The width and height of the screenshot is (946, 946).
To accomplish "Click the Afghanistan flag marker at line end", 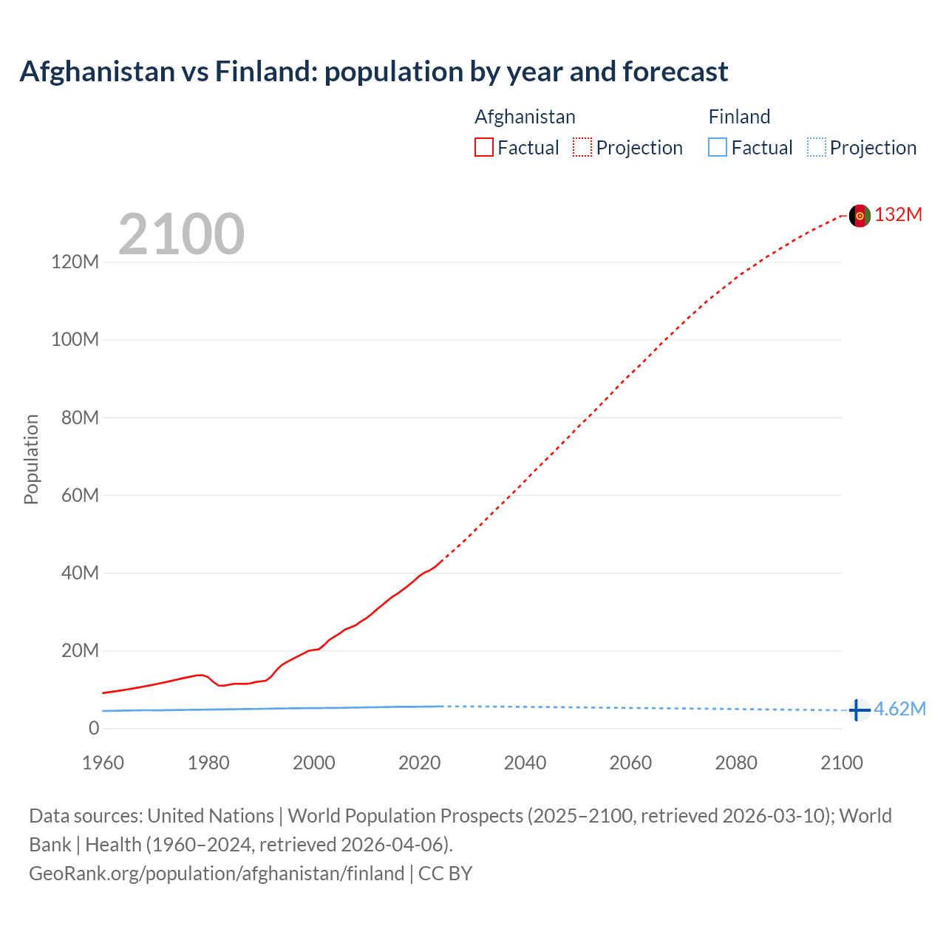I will (860, 216).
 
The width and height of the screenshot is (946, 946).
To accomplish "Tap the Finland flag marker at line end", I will (859, 710).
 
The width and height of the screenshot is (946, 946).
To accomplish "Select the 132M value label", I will (898, 215).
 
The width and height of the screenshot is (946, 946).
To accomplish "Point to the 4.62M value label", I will (899, 709).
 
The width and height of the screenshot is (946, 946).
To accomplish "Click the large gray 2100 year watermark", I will (181, 234).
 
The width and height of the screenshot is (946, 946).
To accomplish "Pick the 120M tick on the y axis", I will (75, 262).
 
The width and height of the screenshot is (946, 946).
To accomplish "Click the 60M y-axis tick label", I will (80, 495).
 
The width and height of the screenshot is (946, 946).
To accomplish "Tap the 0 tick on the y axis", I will (93, 729).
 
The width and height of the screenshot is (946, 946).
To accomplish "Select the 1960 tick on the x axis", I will (103, 763).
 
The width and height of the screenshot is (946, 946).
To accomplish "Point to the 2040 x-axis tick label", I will (525, 763).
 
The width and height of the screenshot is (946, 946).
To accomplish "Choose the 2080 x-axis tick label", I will (736, 763).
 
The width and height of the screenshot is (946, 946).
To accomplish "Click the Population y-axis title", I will (31, 459).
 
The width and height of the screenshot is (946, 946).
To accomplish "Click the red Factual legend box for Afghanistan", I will (483, 148).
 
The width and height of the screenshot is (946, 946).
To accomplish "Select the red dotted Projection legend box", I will (582, 148).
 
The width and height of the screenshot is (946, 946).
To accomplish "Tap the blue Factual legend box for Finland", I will (717, 148).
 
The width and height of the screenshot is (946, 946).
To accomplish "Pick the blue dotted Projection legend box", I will (817, 148).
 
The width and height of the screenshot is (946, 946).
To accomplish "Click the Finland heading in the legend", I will (739, 117).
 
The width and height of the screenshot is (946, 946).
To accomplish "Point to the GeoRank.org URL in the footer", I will (217, 874).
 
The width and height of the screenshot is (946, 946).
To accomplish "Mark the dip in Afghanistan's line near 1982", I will (220, 686).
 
